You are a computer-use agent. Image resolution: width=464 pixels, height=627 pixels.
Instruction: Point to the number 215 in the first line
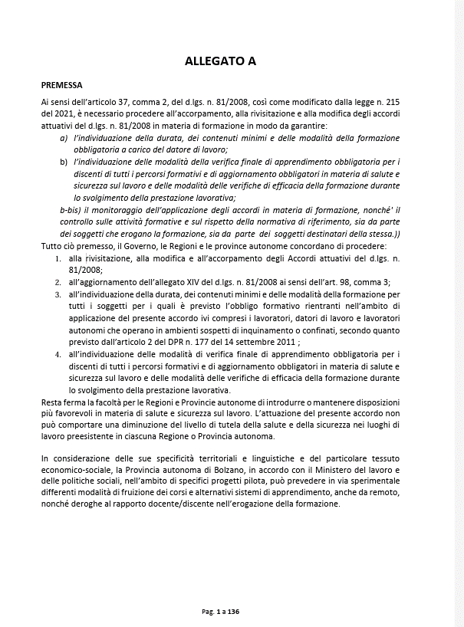coord(391,102)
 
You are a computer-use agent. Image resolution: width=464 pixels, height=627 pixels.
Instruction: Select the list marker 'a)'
coord(64,138)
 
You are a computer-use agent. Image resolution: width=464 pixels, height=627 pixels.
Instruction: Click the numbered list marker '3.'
coord(58,294)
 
